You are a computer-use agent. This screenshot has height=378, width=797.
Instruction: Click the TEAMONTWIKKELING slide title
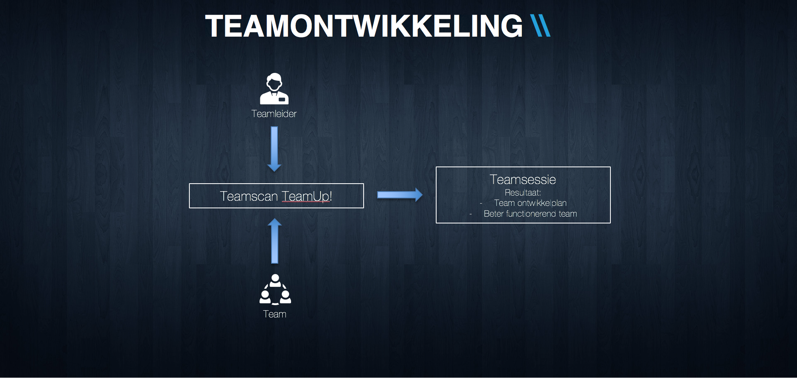364,26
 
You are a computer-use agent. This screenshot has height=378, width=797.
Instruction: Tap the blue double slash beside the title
541,26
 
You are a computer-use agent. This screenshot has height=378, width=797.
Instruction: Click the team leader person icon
274,88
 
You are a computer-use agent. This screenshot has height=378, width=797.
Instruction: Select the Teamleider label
274,114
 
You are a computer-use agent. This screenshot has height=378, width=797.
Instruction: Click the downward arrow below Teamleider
274,149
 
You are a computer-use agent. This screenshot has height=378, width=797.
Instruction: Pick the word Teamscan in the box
249,196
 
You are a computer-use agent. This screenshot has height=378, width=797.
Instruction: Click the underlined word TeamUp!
307,197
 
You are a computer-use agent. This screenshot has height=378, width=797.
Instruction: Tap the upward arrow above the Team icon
275,241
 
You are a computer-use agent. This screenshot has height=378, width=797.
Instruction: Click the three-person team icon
275,290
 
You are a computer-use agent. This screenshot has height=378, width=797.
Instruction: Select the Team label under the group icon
275,314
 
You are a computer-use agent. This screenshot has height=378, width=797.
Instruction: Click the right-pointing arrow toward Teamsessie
400,195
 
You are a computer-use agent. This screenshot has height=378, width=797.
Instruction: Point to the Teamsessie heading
523,180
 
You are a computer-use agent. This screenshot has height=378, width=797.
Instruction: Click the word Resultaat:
523,193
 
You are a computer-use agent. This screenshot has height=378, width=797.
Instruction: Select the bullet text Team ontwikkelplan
530,203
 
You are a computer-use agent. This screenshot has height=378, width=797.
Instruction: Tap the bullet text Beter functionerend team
530,214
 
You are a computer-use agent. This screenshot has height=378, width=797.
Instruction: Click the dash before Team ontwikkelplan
481,204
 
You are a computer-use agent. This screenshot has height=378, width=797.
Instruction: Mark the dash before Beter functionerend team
471,214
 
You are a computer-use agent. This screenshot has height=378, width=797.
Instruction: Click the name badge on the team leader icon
282,99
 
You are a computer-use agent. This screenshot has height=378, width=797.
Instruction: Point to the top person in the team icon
275,280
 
